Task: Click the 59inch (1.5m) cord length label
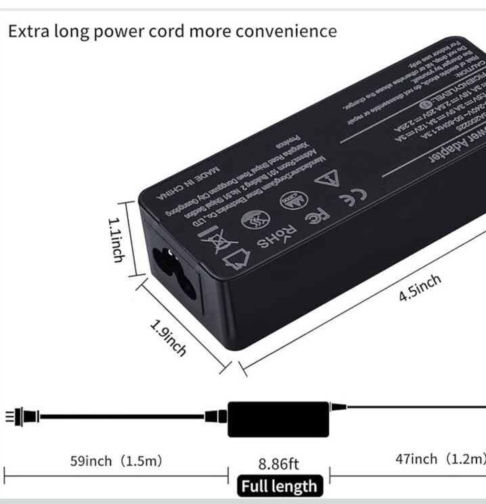tap(116, 461)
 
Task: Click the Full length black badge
tap(278, 486)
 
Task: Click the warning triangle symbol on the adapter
tap(327, 179)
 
